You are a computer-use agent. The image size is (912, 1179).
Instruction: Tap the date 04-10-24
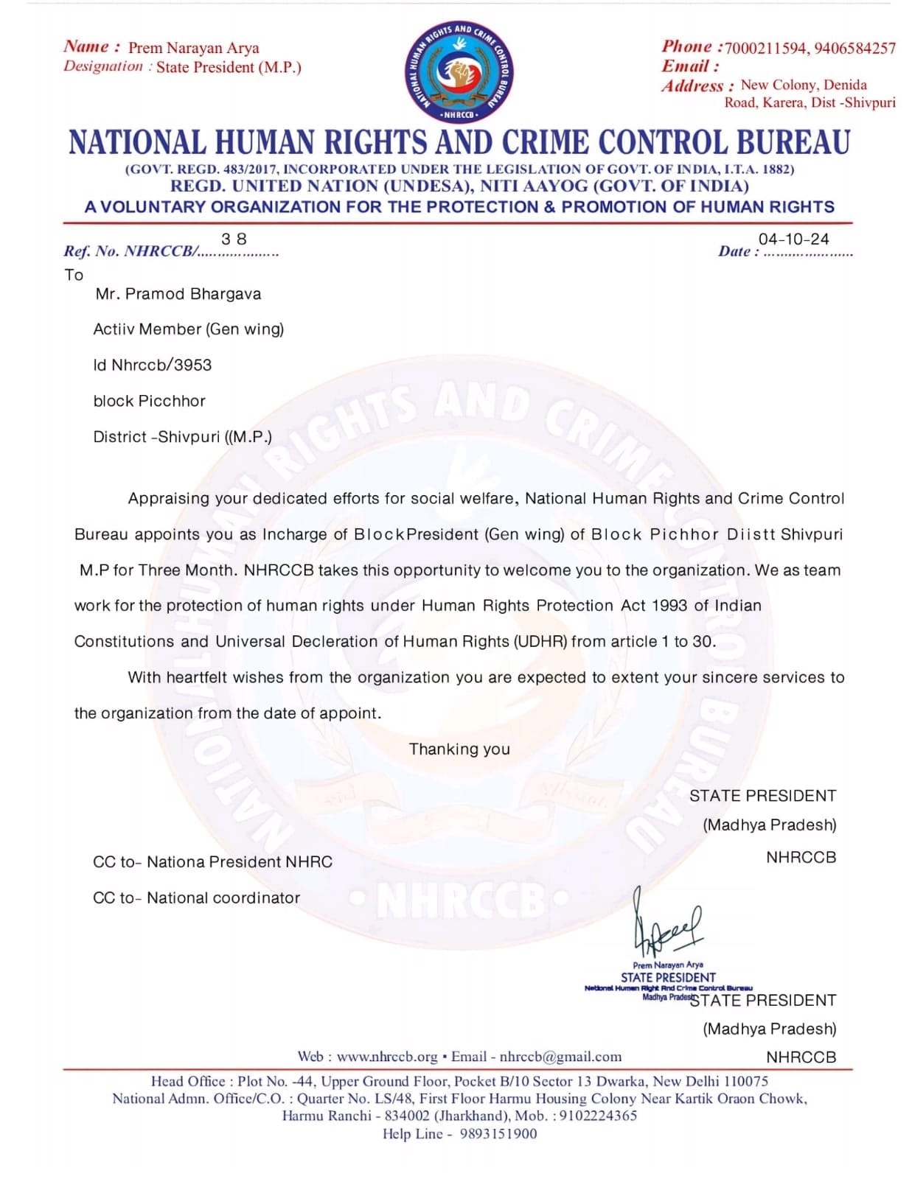793,239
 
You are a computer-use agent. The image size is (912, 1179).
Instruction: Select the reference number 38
234,239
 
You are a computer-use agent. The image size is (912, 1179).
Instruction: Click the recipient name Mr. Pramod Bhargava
178,294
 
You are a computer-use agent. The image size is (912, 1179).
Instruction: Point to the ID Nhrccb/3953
152,365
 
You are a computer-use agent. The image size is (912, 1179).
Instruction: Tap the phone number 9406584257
855,49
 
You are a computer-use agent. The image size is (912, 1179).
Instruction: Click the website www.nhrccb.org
387,1057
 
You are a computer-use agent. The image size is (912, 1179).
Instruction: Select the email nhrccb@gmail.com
560,1057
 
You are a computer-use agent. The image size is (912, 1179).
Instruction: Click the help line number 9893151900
498,1134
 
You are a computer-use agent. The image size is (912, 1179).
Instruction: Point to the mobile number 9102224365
598,1116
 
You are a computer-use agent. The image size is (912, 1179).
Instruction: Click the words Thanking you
459,749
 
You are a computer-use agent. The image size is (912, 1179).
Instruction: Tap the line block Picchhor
149,402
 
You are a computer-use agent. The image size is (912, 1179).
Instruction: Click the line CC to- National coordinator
196,898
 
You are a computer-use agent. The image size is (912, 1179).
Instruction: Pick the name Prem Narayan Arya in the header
193,49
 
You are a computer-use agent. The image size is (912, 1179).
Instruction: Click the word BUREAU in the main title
793,143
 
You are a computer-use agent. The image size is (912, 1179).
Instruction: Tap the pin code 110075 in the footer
745,1081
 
